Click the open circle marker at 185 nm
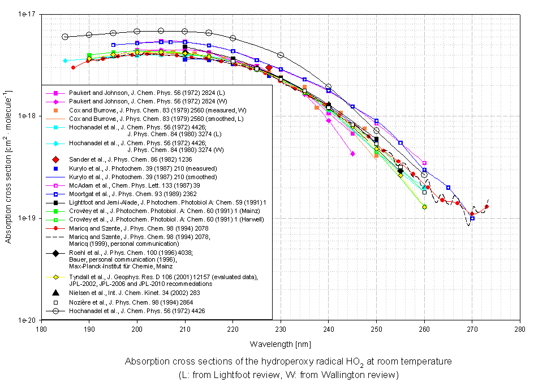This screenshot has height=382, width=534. tap(65, 37)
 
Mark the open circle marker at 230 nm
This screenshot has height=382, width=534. tap(281, 55)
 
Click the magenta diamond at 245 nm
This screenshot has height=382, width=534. tap(352, 154)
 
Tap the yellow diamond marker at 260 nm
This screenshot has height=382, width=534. tap(424, 207)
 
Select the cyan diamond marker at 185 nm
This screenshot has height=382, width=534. tap(65, 60)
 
